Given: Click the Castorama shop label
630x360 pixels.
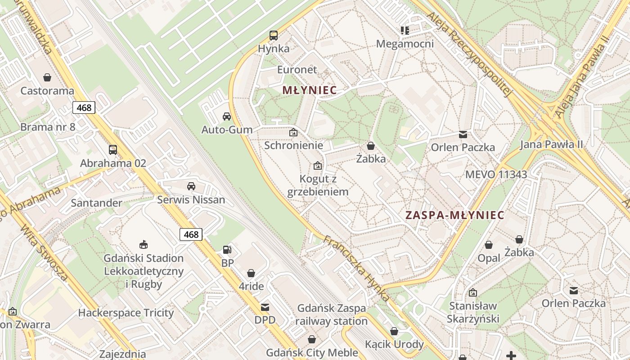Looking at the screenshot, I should [47, 90].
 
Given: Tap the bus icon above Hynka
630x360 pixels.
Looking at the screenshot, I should [273, 35].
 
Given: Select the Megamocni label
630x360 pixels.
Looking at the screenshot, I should [405, 44].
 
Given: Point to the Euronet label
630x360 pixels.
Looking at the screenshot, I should [297, 70].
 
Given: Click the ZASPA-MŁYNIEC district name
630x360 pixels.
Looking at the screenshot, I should [454, 215].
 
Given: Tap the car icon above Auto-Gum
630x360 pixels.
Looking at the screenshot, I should [227, 117].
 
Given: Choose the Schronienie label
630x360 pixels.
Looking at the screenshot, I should [293, 145].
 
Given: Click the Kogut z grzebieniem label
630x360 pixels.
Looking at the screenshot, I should [318, 185].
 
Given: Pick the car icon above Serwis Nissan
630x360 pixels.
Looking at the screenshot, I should [191, 186].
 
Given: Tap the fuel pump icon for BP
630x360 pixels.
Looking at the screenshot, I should [228, 250].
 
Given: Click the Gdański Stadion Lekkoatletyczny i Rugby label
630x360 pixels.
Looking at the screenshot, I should [144, 271].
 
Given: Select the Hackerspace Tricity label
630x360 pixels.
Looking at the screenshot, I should [126, 313].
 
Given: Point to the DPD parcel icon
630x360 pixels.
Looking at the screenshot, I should [265, 307].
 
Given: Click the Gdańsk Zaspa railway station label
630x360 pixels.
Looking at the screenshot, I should [332, 315].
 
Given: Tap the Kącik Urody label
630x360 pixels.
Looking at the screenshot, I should [394, 344].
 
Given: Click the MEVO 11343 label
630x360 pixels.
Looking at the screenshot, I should [496, 175].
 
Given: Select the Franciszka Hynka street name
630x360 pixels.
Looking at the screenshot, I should [355, 269].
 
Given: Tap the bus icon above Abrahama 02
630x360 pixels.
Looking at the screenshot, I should [113, 150].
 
